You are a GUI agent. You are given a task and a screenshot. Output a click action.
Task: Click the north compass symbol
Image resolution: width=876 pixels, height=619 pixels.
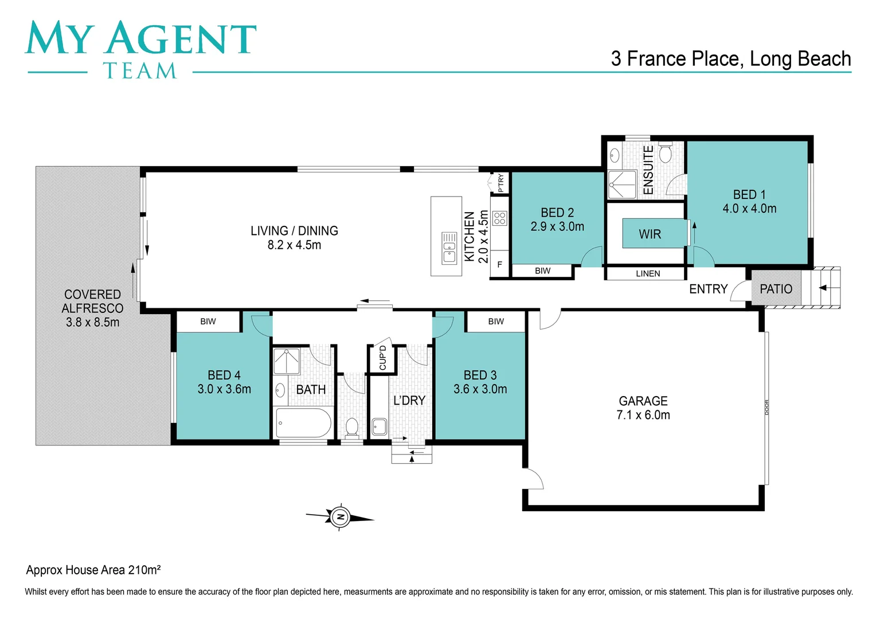(340, 518)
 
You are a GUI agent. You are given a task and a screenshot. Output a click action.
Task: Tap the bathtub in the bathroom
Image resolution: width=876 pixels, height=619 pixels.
(303, 423)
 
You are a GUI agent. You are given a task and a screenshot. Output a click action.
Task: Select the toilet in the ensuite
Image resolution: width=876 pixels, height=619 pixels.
(665, 153)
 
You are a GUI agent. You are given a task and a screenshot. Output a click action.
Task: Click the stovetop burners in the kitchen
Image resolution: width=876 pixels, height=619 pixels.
(500, 218)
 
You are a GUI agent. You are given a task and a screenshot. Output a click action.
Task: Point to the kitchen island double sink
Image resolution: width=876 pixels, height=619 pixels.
(449, 248)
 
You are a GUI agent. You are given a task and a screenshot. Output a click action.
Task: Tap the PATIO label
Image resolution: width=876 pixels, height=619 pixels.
(776, 289)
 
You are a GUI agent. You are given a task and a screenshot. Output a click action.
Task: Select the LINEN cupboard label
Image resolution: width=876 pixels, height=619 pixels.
(648, 274)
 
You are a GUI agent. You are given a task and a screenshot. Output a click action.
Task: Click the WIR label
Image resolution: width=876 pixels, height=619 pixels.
(650, 234)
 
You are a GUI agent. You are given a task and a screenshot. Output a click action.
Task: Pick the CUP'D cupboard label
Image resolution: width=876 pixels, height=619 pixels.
(382, 358)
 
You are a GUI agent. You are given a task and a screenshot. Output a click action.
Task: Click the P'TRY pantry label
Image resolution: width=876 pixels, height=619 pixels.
(500, 183)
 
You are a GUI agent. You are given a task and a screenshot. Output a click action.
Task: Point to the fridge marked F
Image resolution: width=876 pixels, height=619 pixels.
(499, 265)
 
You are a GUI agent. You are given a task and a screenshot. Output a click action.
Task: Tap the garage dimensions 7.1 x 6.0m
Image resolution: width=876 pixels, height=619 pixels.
(643, 415)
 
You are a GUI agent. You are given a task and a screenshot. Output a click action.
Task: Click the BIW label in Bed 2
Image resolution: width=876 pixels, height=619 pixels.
(542, 271)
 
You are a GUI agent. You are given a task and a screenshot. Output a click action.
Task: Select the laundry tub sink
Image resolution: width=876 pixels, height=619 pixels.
(379, 426)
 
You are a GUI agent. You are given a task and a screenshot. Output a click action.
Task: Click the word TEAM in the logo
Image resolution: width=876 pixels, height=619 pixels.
(140, 70)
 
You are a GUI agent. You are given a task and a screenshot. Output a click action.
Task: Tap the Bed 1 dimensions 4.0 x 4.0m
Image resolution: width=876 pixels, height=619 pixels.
(749, 209)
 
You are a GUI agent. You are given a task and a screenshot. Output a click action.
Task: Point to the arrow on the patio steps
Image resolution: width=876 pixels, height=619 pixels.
(823, 288)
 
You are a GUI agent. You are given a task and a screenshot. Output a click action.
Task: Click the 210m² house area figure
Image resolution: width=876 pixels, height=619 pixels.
(144, 570)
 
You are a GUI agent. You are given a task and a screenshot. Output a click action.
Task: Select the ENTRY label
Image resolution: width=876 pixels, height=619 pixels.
(708, 289)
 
